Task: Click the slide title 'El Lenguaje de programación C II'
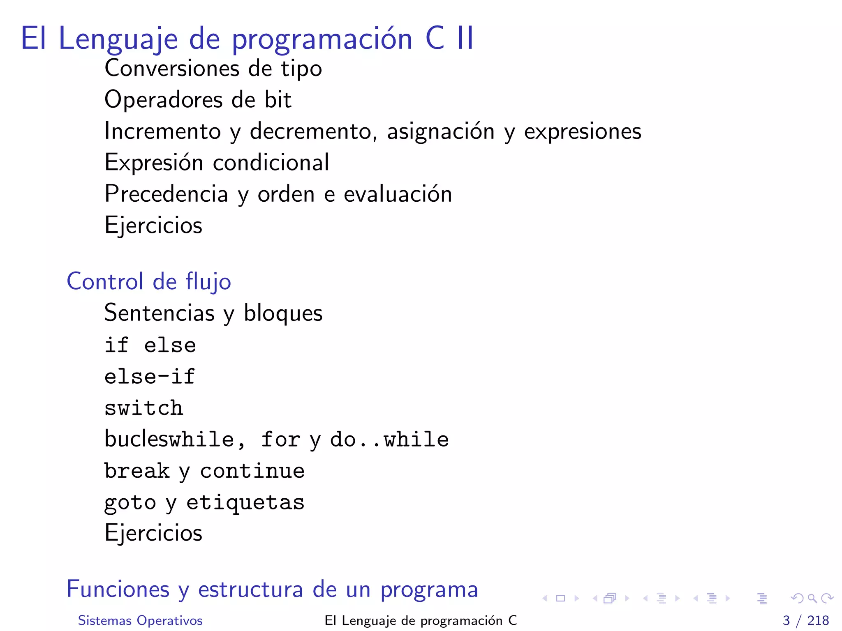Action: (x=247, y=39)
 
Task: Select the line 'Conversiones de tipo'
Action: (x=213, y=69)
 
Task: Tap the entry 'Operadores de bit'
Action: (x=198, y=100)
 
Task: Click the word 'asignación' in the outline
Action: (x=440, y=132)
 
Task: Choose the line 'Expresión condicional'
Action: (x=217, y=163)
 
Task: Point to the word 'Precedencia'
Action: (x=166, y=194)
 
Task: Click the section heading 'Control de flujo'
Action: (x=149, y=282)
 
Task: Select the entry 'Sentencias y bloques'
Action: (x=213, y=313)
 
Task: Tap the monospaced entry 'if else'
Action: (x=150, y=345)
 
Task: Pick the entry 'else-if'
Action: (x=149, y=377)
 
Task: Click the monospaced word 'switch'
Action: (x=143, y=408)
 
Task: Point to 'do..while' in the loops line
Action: (x=389, y=440)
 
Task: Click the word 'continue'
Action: (x=252, y=471)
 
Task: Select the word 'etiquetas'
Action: (x=245, y=502)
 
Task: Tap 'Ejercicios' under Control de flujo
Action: (x=153, y=533)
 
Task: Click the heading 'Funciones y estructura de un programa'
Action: (x=272, y=589)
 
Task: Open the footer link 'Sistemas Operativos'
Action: (x=140, y=620)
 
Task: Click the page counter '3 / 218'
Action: (x=805, y=620)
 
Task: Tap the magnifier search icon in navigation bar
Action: (x=812, y=599)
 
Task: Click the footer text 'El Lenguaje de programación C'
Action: (x=420, y=620)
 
